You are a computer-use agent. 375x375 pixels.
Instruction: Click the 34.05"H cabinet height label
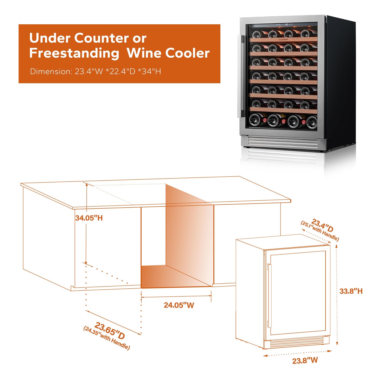tap(89, 218)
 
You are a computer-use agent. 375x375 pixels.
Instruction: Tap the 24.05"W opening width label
tap(179, 305)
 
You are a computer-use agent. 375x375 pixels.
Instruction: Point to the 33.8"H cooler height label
tap(351, 291)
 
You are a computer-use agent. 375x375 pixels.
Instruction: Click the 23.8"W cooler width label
tap(305, 360)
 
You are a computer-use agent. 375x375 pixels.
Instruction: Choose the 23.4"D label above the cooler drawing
tap(322, 225)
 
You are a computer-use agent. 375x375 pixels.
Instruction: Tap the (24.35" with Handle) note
tap(106, 338)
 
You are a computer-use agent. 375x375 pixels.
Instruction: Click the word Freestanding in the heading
tap(74, 53)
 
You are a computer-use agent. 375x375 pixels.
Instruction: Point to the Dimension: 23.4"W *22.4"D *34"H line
tap(96, 71)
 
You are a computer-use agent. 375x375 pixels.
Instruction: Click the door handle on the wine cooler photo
tap(239, 76)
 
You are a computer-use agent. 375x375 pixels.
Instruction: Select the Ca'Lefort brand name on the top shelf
tap(283, 40)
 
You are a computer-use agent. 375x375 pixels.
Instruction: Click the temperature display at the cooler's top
tap(286, 24)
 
